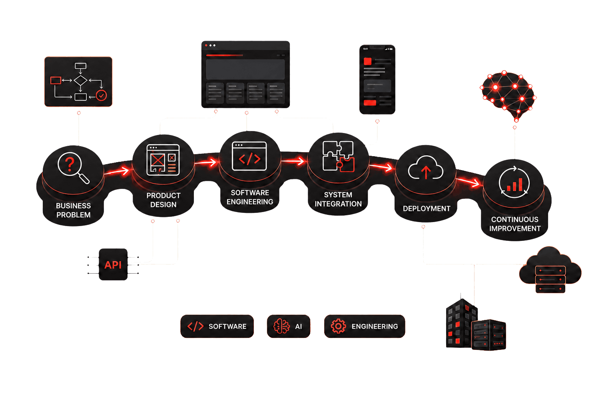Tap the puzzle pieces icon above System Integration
click(x=338, y=156)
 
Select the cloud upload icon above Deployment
click(x=425, y=167)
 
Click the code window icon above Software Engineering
click(x=249, y=156)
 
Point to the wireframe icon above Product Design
click(x=163, y=160)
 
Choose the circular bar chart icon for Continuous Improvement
click(x=514, y=182)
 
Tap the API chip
click(x=113, y=264)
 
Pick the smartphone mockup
click(x=377, y=79)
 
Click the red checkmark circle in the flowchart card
click(x=102, y=95)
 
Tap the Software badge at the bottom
click(x=217, y=326)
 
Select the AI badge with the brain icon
click(x=288, y=326)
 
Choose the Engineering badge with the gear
click(x=365, y=326)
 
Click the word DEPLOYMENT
click(x=427, y=209)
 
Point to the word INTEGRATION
click(x=338, y=204)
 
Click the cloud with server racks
click(x=550, y=270)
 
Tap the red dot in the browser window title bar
click(x=206, y=45)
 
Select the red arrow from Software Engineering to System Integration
click(x=293, y=161)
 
